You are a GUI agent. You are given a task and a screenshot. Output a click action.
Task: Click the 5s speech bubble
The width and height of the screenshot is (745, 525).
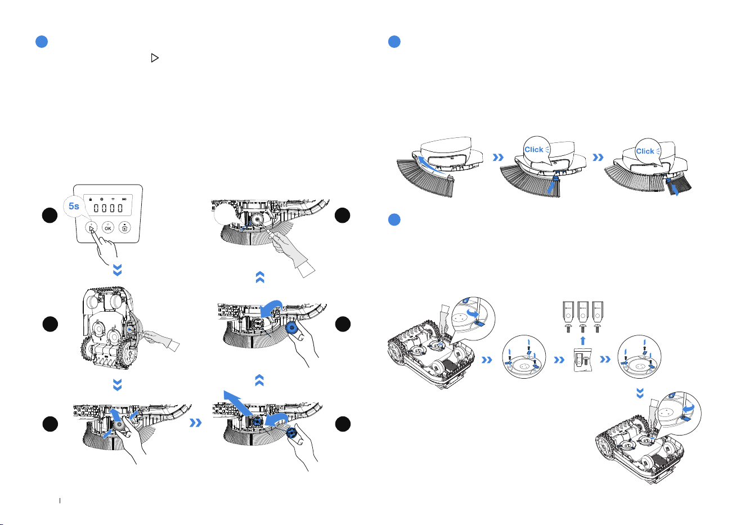coord(74,207)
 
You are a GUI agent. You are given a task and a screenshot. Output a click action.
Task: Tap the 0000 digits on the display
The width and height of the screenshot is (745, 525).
coord(108,208)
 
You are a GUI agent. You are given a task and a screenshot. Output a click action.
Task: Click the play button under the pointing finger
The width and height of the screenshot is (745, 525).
coord(91,227)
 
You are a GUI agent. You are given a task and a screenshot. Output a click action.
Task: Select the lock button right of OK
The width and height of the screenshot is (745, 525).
coord(125,227)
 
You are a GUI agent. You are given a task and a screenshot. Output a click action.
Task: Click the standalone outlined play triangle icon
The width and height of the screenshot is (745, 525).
coord(154,58)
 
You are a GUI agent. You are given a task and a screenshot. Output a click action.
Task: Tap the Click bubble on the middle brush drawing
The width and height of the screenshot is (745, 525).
coord(536,150)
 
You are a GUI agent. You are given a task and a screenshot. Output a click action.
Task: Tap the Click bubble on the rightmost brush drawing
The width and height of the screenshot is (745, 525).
coord(648,151)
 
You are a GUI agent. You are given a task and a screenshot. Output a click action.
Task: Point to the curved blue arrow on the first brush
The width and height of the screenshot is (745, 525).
coord(430,165)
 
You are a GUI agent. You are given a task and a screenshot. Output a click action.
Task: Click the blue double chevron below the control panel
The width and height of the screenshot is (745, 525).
coord(118,270)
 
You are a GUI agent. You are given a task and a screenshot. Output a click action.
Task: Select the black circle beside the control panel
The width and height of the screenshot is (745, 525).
coord(50,216)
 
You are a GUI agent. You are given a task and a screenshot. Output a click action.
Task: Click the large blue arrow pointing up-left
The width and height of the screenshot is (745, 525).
coord(239,403)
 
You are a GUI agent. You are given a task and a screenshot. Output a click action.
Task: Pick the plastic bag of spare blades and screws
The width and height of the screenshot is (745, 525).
coord(583,360)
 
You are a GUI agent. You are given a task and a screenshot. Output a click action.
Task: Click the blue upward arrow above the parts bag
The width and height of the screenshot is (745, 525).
coord(583,341)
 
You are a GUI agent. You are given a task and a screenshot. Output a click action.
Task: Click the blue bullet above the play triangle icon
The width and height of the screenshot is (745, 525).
coord(42,42)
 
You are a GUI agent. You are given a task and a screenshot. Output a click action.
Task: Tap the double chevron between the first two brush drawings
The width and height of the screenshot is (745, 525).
coord(498,157)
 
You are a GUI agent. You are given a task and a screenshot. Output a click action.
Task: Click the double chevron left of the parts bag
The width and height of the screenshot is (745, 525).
coord(559,360)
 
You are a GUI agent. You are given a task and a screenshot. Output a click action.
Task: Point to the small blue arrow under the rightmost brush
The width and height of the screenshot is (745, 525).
coord(675,190)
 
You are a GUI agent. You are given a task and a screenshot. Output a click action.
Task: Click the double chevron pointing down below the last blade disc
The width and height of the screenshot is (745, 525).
coord(640,393)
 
